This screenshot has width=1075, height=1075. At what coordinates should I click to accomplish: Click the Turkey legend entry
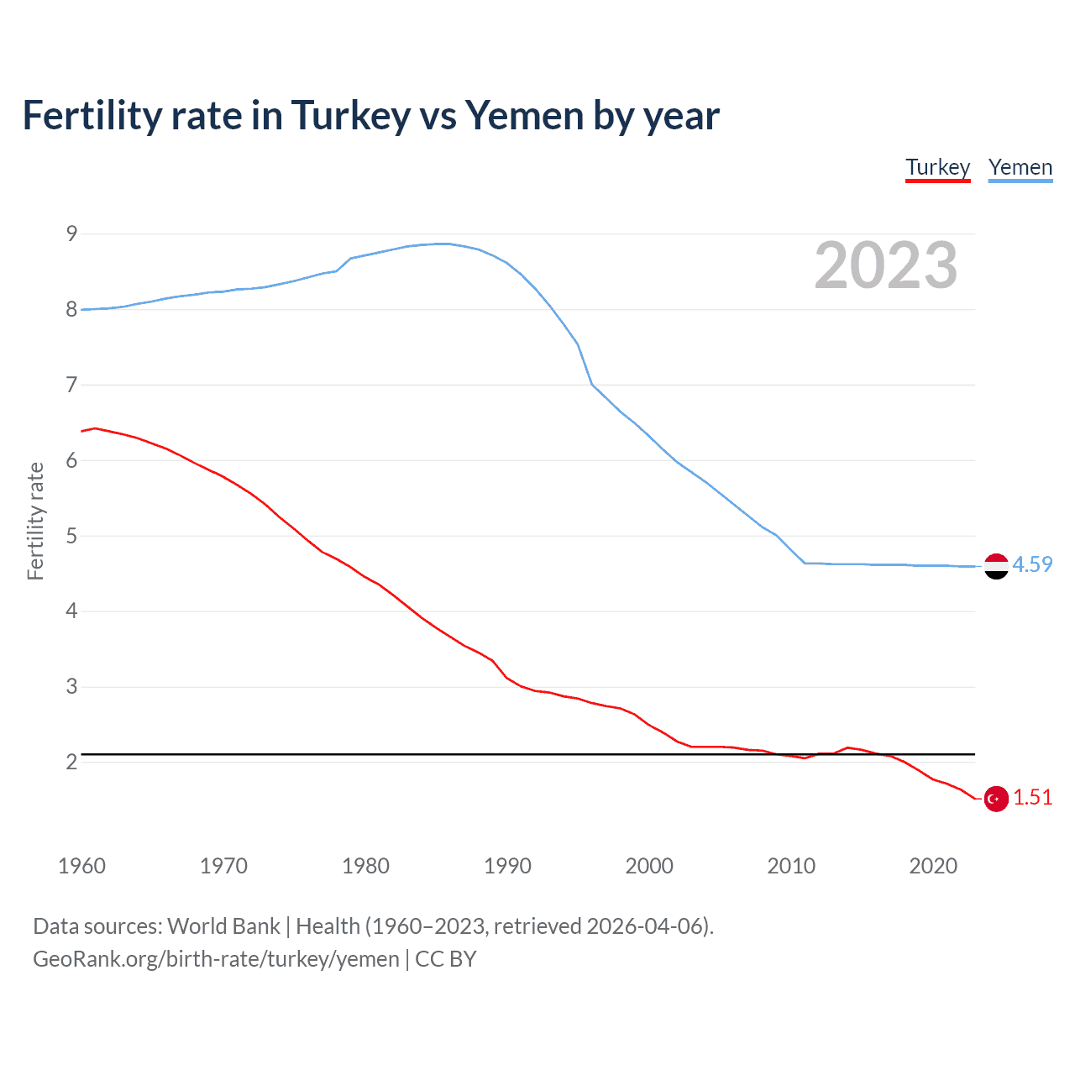pos(937,167)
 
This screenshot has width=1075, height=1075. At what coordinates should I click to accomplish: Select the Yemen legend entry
pos(1020,167)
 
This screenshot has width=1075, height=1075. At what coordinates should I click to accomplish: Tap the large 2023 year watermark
pos(885,265)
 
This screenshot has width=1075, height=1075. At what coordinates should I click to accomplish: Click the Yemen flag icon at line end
pos(996,567)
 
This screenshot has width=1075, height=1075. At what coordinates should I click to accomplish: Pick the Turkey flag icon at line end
pos(996,799)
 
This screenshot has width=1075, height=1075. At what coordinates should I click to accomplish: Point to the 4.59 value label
pos(1032,564)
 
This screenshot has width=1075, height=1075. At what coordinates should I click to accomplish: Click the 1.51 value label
pos(1032,797)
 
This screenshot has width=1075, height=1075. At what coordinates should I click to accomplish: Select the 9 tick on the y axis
pos(71,233)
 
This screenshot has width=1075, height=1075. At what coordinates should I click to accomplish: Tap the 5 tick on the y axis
pos(71,536)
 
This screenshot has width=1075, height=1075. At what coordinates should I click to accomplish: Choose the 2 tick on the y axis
pos(71,762)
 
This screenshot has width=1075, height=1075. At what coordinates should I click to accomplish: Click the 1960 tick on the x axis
pos(81,866)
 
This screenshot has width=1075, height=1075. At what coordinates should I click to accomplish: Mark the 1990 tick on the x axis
pos(507,866)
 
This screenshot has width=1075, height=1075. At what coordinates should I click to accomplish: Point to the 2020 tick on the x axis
pos(933,866)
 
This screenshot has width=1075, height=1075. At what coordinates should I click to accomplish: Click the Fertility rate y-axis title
pos(35,521)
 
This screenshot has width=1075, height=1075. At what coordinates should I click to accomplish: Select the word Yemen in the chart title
pos(524,115)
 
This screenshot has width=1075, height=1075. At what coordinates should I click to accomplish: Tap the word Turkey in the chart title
pos(350,115)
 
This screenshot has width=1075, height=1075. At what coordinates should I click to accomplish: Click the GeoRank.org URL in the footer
pos(216,959)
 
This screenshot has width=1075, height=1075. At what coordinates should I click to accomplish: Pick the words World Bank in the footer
pos(223,926)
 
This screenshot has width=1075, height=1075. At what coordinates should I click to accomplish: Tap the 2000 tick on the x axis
pos(649,866)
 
